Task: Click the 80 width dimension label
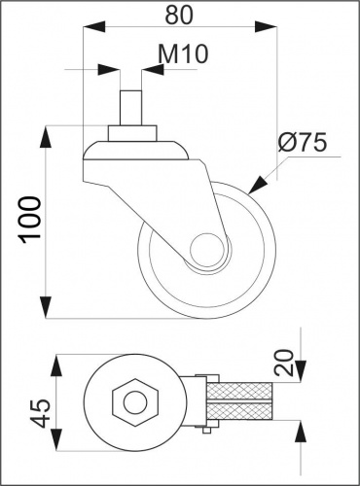click(x=179, y=16)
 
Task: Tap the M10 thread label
click(x=183, y=53)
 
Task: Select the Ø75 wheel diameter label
click(x=303, y=143)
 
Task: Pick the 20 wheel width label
click(x=283, y=363)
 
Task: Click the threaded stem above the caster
click(x=130, y=108)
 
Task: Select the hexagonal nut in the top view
click(x=135, y=402)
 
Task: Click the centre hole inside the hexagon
click(x=135, y=402)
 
